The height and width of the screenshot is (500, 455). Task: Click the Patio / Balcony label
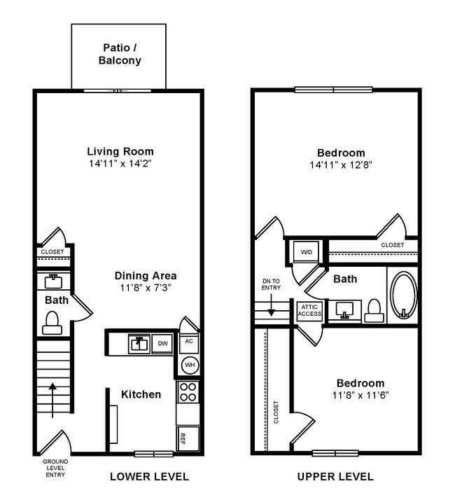[118, 54]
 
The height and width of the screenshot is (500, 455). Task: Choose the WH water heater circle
[189, 366]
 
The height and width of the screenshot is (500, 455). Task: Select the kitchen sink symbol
[139, 343]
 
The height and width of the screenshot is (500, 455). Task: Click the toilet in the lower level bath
[51, 322]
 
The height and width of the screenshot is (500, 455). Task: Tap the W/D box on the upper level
[307, 251]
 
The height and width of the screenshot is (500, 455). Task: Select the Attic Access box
[310, 310]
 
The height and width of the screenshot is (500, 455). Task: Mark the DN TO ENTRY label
[270, 284]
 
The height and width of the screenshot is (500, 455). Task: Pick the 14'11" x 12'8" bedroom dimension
[341, 165]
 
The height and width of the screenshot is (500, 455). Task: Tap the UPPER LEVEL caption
[335, 477]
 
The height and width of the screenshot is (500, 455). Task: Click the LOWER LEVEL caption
[149, 477]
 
